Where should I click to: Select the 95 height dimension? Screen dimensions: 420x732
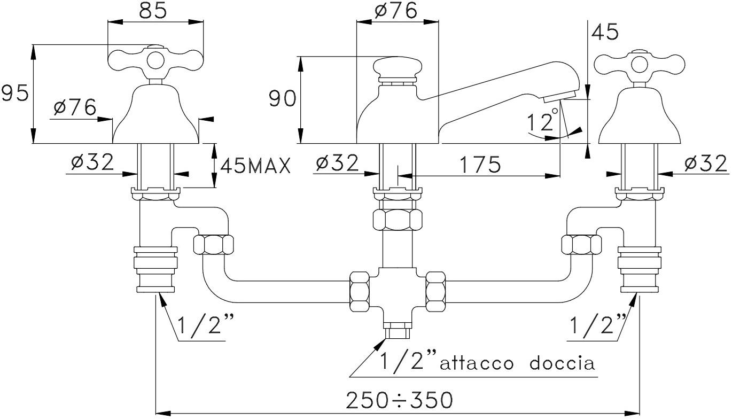(x=14, y=94)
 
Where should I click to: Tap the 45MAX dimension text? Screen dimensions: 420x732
(x=255, y=166)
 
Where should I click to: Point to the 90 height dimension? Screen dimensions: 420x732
(x=282, y=98)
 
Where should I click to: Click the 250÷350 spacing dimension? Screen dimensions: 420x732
(x=399, y=400)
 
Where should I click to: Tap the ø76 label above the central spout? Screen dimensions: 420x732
(x=396, y=11)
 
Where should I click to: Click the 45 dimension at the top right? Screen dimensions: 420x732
(x=605, y=32)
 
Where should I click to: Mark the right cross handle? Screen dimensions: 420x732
(x=640, y=64)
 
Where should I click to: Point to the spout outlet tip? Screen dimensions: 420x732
(x=559, y=97)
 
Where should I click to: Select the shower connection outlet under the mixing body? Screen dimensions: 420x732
(x=397, y=329)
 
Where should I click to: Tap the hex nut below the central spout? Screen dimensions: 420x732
(x=397, y=220)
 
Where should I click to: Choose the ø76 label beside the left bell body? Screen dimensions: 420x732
(x=75, y=107)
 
